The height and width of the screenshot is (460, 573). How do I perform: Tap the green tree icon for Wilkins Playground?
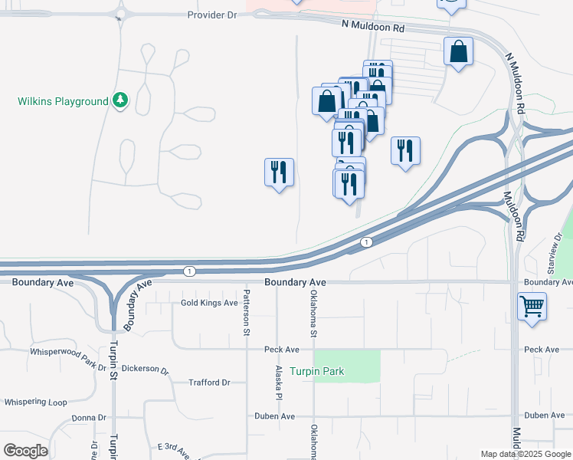[120, 100]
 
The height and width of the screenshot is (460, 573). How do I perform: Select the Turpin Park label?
[322, 372]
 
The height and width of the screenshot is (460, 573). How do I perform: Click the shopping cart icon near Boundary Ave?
[532, 307]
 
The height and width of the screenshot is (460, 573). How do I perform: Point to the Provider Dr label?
[212, 15]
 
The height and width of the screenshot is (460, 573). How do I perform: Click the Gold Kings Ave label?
[209, 303]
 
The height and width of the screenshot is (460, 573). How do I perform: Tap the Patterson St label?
[247, 312]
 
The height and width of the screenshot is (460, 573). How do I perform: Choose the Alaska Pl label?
[279, 381]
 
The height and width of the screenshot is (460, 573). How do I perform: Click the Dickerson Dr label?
[144, 370]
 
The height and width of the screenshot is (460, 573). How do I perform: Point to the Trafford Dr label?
[209, 383]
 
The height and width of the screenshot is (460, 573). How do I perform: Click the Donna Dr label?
[88, 418]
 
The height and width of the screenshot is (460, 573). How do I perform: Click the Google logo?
[25, 451]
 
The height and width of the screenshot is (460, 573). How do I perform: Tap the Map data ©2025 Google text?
[526, 455]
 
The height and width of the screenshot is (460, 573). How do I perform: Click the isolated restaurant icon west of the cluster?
[280, 172]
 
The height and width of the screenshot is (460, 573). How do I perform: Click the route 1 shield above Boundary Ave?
[189, 271]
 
